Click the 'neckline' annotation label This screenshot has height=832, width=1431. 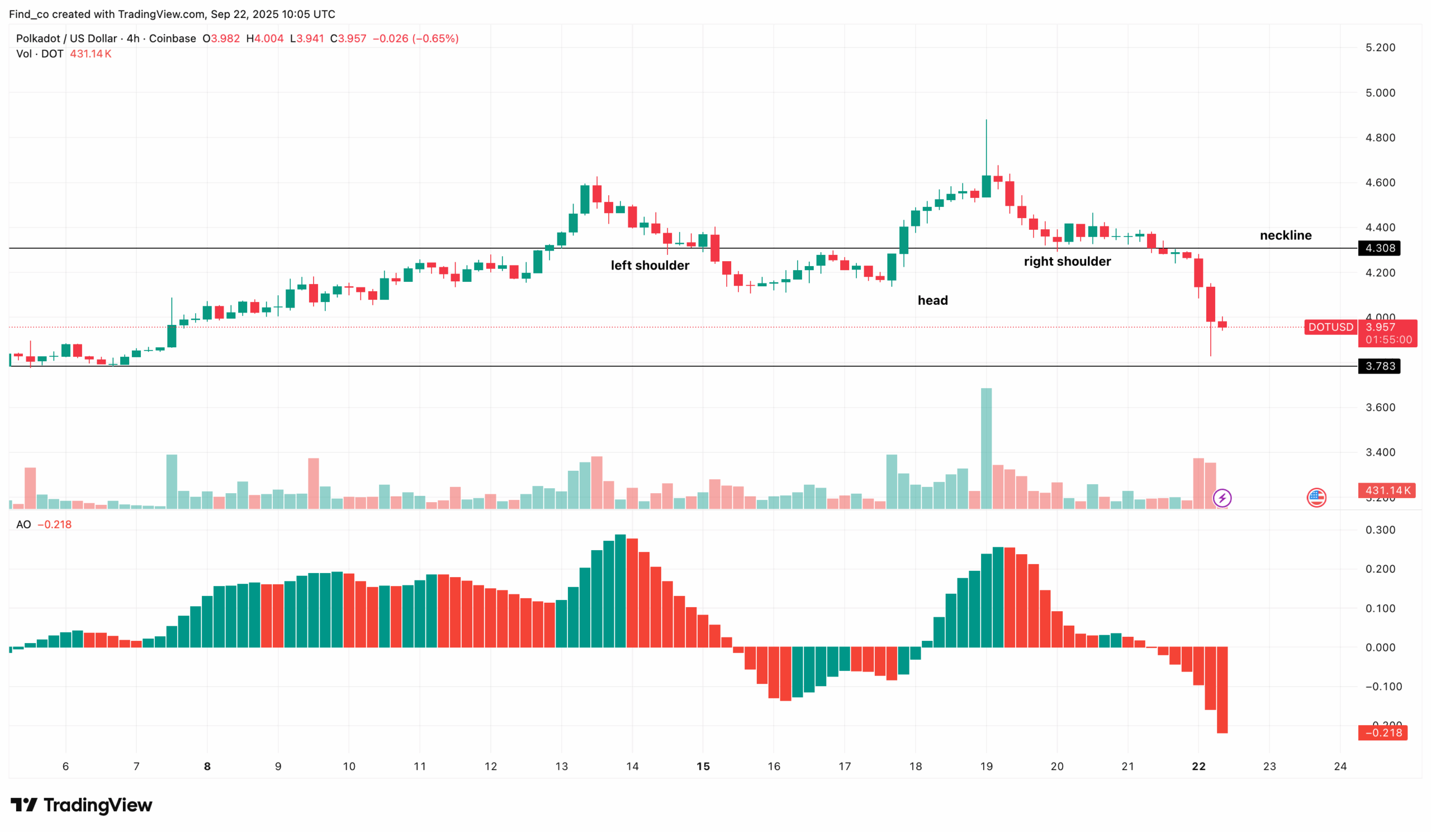pos(1285,235)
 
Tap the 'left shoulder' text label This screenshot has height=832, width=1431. pos(650,265)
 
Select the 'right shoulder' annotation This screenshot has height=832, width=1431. pos(1067,261)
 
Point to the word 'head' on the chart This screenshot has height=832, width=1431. pos(932,300)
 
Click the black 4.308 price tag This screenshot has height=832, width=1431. pos(1379,248)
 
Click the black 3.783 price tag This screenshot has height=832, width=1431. pos(1379,366)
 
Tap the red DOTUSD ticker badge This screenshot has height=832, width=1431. pos(1330,327)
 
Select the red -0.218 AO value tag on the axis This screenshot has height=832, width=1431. pos(1382,732)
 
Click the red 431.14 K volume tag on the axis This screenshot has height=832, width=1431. pos(1386,490)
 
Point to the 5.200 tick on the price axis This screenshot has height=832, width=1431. pos(1380,48)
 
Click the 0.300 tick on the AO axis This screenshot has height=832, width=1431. pos(1380,530)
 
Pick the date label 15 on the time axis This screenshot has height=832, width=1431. pos(703,766)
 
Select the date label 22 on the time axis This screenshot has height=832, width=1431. pos(1198,766)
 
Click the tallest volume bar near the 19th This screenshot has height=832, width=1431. pos(987,448)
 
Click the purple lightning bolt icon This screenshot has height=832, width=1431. pos(1222,498)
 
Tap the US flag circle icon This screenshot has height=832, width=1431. pos(1316,498)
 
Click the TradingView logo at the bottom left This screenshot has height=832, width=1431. pos(81,805)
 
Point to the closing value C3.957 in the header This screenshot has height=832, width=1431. pos(348,39)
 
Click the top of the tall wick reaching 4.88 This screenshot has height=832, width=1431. pos(987,121)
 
